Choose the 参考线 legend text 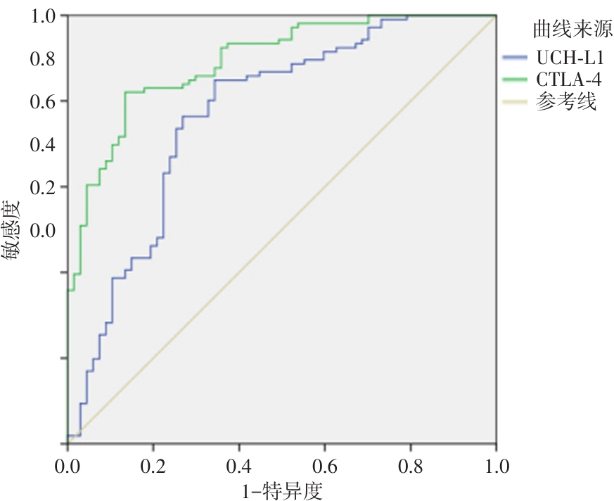pos(565,103)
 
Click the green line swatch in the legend pos(517,80)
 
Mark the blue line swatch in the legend pos(517,56)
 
